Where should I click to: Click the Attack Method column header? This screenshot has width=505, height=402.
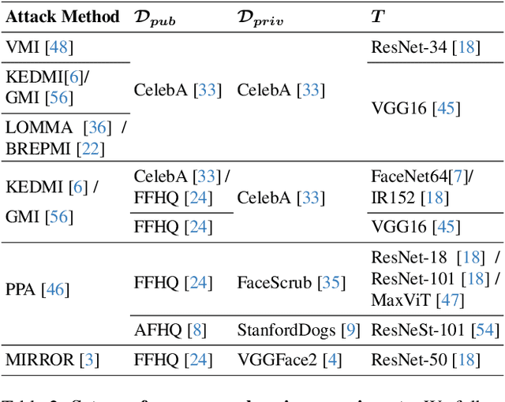click(x=62, y=16)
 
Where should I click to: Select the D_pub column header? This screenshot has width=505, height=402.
click(x=155, y=17)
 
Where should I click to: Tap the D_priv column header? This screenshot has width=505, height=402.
click(x=260, y=17)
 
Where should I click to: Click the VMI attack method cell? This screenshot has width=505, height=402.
click(x=39, y=48)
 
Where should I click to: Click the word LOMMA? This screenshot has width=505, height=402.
click(x=33, y=127)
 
